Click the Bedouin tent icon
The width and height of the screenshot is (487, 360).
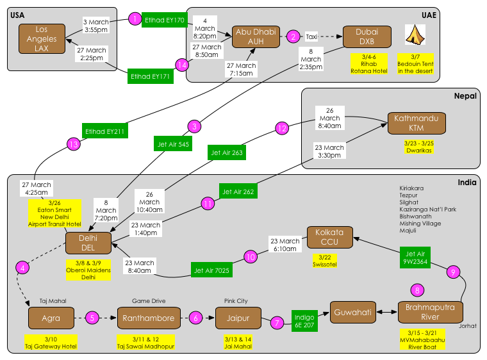click(x=415, y=35)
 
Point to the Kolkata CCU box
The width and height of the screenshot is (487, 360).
click(x=329, y=237)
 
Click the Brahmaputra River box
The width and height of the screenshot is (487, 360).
click(x=431, y=312)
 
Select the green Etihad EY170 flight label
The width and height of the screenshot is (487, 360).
click(x=165, y=20)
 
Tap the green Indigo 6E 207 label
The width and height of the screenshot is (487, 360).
click(x=304, y=321)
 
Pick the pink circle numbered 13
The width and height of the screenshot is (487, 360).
click(x=74, y=145)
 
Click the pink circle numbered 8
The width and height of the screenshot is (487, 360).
click(x=418, y=291)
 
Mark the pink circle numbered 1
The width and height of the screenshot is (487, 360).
click(x=135, y=19)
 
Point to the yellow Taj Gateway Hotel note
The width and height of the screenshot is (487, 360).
click(x=51, y=342)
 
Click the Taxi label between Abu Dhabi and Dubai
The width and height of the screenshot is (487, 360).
click(x=311, y=37)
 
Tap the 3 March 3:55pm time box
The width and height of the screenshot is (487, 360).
click(x=96, y=26)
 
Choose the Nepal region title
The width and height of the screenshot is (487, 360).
click(x=466, y=96)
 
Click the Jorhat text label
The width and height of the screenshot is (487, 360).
click(x=468, y=326)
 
